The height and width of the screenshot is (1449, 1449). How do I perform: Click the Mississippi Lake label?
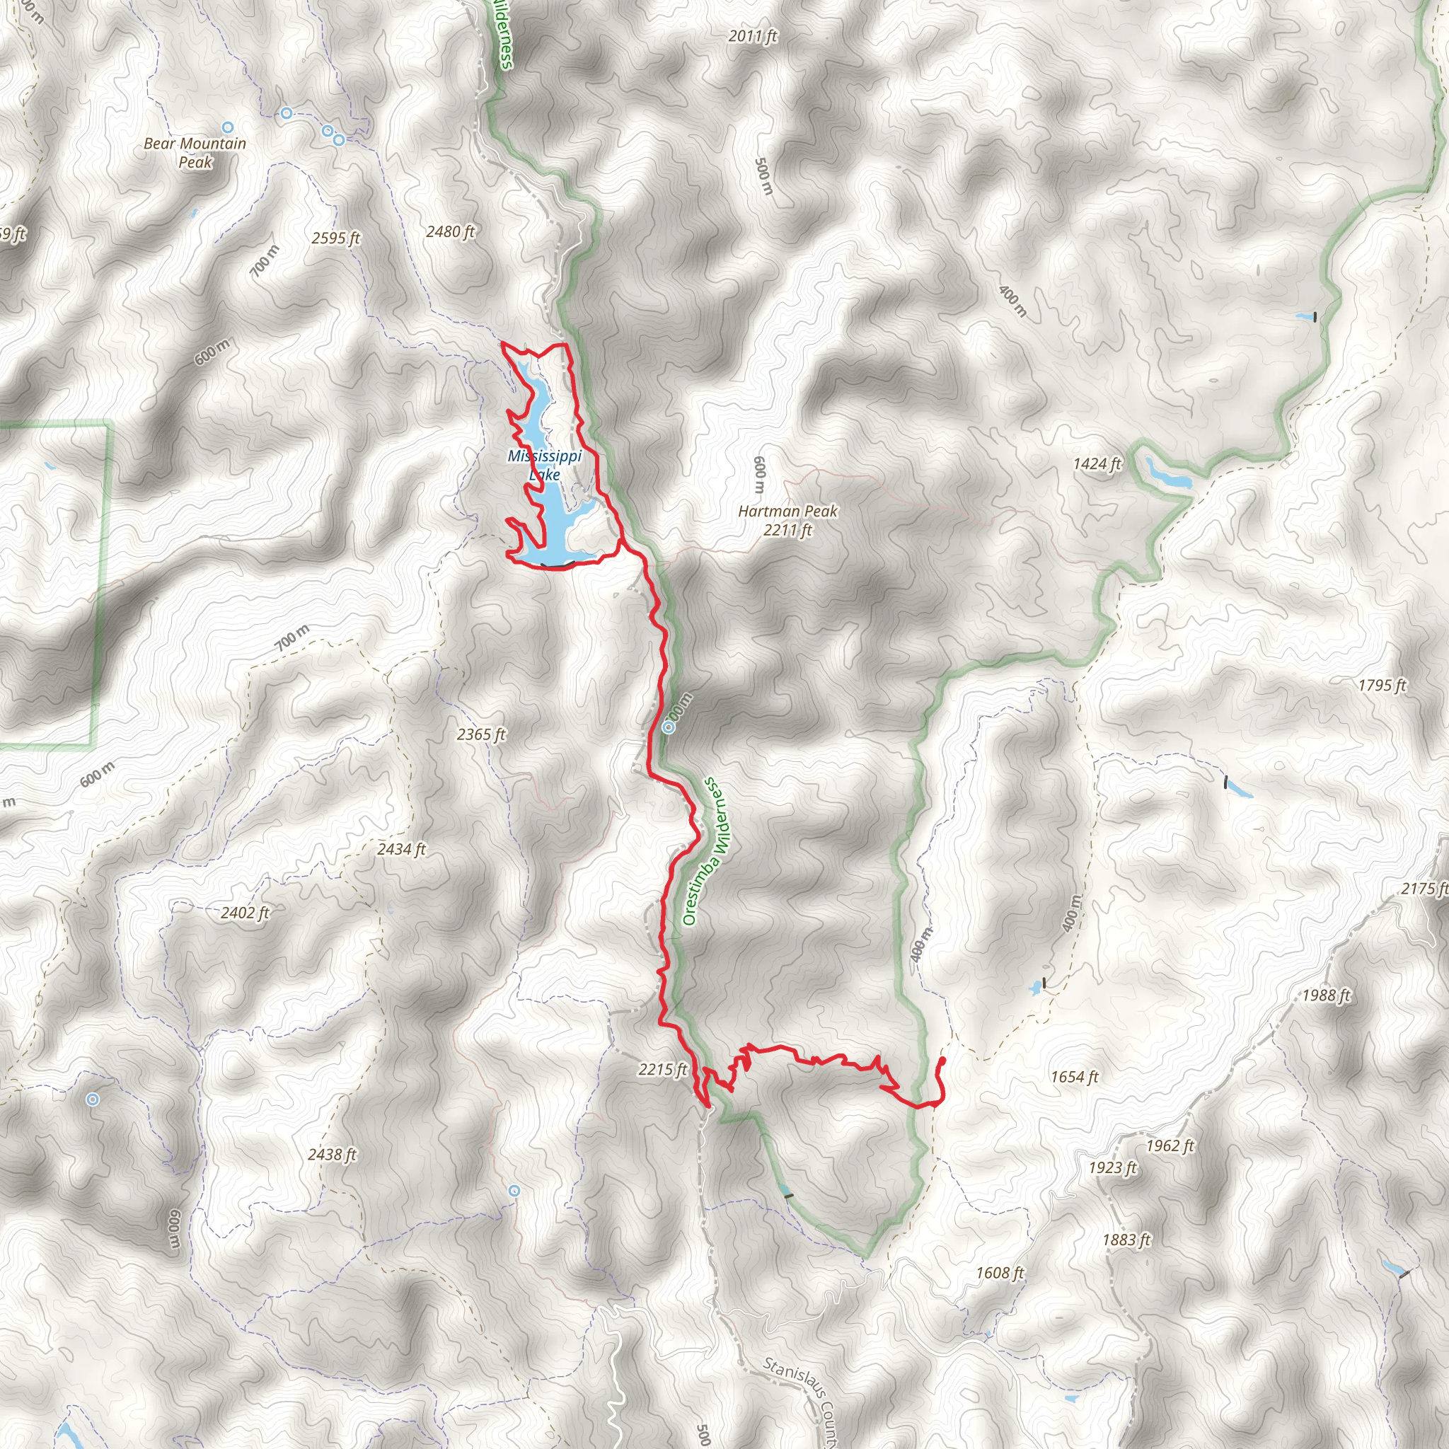pyautogui.click(x=545, y=465)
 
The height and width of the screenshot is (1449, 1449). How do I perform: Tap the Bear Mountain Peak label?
pyautogui.click(x=195, y=153)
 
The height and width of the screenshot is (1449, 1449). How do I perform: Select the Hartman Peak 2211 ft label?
pyautogui.click(x=787, y=521)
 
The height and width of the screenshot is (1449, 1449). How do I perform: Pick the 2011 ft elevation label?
pyautogui.click(x=753, y=36)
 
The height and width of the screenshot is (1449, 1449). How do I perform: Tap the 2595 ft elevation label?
pyautogui.click(x=336, y=238)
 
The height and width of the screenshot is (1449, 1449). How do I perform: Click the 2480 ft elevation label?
pyautogui.click(x=451, y=232)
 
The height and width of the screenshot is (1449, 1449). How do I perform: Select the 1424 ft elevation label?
pyautogui.click(x=1097, y=464)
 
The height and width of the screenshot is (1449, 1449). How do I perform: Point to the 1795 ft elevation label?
pyautogui.click(x=1382, y=686)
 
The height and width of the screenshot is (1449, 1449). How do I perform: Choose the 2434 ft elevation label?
pyautogui.click(x=401, y=849)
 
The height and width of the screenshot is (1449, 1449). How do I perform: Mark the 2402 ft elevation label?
pyautogui.click(x=246, y=913)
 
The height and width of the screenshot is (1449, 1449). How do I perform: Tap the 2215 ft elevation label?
pyautogui.click(x=663, y=1070)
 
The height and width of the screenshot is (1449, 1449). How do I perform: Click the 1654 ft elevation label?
pyautogui.click(x=1074, y=1077)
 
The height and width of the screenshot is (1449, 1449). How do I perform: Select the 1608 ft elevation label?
pyautogui.click(x=1000, y=1273)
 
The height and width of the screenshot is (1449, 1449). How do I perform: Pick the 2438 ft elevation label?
pyautogui.click(x=333, y=1154)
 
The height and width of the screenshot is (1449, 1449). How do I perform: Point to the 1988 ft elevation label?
pyautogui.click(x=1326, y=995)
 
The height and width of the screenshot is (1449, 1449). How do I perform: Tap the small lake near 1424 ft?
pyautogui.click(x=1167, y=475)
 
